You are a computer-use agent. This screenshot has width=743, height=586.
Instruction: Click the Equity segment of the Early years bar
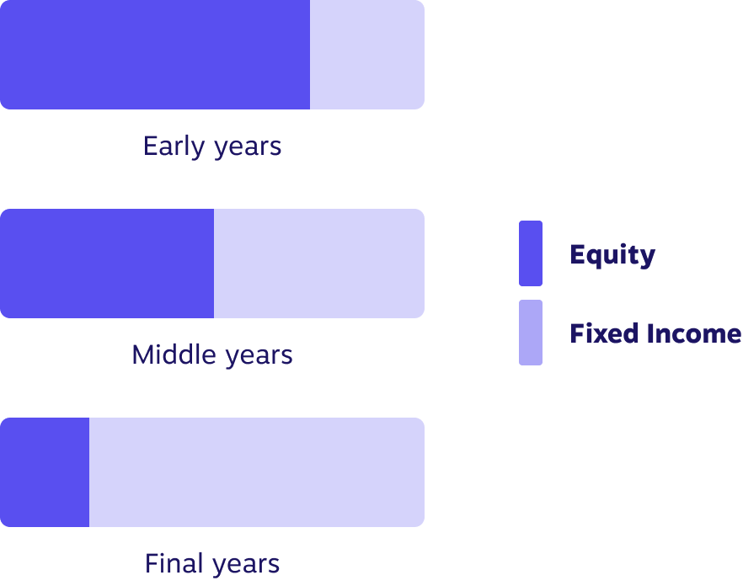tap(155, 55)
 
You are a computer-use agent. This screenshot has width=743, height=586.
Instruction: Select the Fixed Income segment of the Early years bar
tap(367, 55)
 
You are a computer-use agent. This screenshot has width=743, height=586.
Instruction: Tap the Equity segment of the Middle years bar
tap(107, 264)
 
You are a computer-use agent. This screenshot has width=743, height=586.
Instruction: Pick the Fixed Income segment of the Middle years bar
tap(319, 264)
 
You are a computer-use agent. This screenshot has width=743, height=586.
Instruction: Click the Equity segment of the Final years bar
tap(45, 472)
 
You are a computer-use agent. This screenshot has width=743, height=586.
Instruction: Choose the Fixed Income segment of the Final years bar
tap(257, 472)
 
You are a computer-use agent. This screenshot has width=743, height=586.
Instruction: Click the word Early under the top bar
tap(174, 146)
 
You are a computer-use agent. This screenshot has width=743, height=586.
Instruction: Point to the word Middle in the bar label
tap(174, 354)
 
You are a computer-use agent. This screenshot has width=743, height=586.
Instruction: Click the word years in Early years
tap(248, 149)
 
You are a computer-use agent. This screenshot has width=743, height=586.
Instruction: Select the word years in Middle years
tap(259, 357)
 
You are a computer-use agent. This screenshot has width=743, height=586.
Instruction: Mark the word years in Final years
tap(246, 566)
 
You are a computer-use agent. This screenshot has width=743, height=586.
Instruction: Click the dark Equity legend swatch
tap(531, 253)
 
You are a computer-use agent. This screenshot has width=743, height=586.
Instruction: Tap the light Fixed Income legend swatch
tap(531, 333)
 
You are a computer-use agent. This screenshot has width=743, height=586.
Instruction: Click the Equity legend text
tap(612, 256)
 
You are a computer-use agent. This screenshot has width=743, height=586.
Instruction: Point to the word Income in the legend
tap(694, 333)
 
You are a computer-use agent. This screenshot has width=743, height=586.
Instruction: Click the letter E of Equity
tap(578, 254)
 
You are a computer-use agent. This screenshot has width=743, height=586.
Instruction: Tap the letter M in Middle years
tap(142, 354)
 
